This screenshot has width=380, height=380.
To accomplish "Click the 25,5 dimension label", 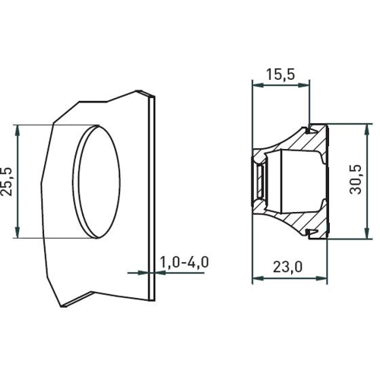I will click(8, 181).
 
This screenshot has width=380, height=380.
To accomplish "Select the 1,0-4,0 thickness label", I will click(184, 262).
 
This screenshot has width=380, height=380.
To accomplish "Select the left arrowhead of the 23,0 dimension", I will click(256, 280).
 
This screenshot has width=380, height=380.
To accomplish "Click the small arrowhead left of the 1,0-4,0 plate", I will click(147, 272).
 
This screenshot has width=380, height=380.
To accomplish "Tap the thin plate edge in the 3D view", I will click(154, 190).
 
